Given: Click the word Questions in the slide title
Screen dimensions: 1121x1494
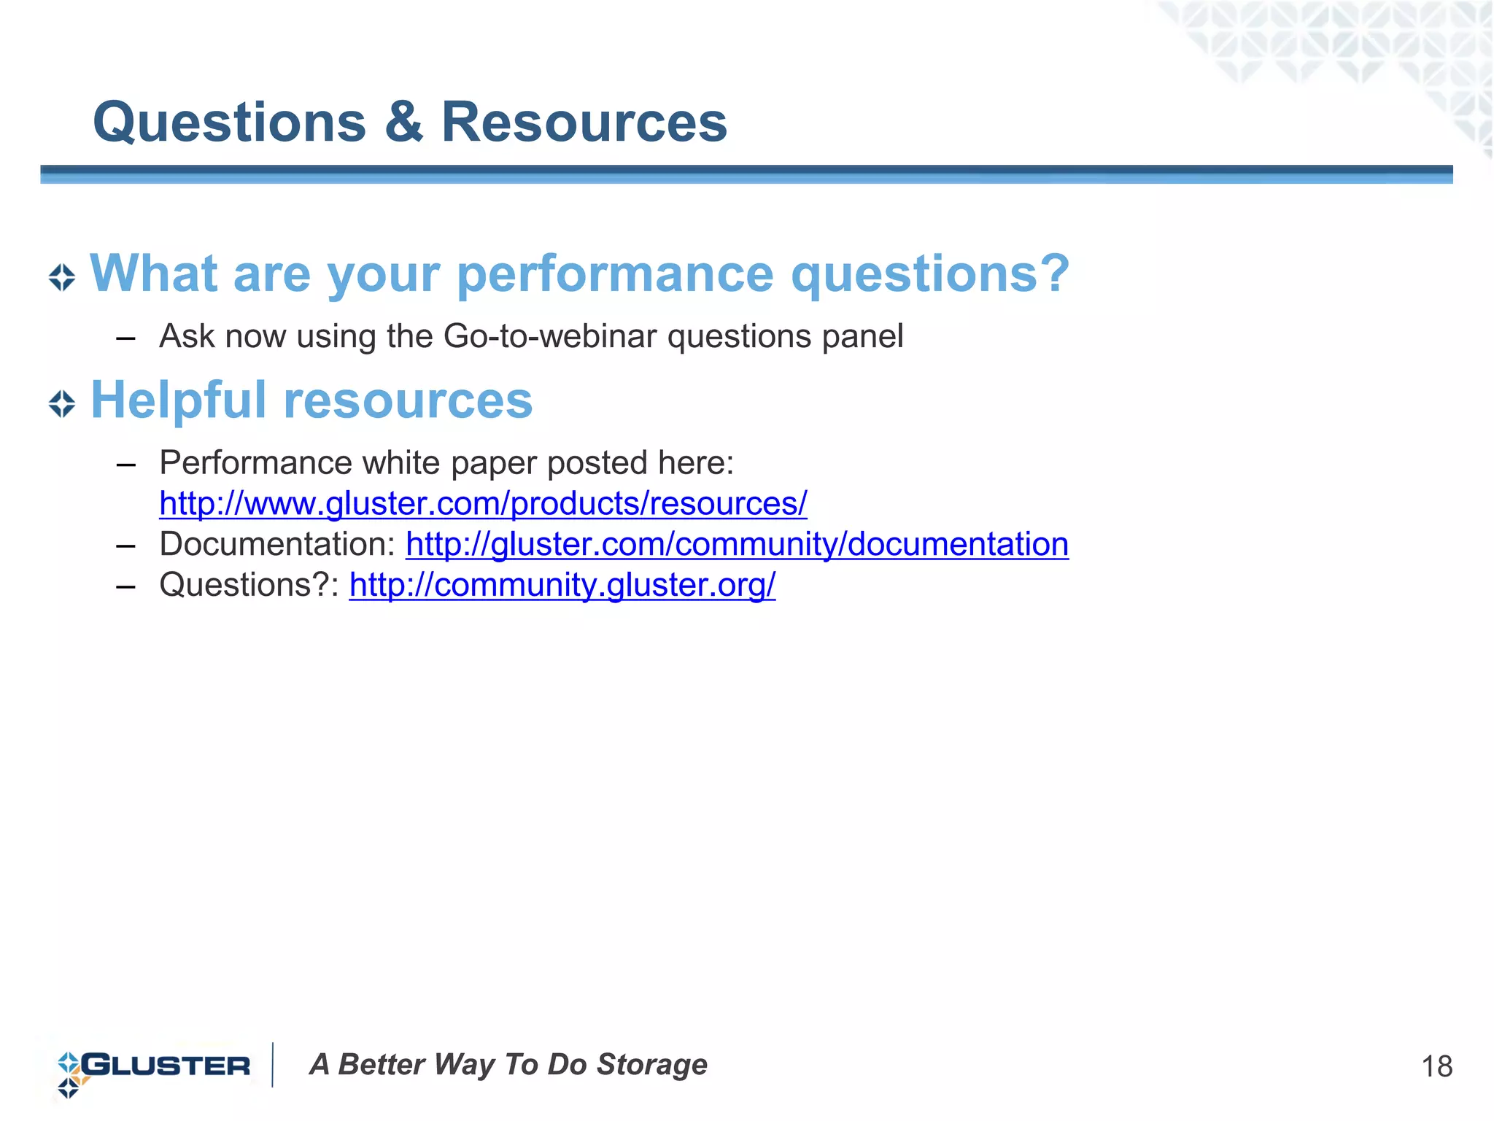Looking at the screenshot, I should [x=229, y=122].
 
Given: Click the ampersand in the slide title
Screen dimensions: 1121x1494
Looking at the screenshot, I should [x=403, y=122].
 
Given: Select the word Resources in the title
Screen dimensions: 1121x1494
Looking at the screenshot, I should [x=584, y=122].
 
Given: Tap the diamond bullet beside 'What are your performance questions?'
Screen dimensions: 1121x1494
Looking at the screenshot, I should [x=62, y=277].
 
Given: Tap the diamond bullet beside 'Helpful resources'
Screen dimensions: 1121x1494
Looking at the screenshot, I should [x=62, y=403].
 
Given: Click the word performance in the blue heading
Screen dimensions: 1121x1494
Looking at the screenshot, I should [x=614, y=276].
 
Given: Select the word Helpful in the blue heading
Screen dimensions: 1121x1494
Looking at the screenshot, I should [x=178, y=400].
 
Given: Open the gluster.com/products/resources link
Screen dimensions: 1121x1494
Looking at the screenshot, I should [x=483, y=504].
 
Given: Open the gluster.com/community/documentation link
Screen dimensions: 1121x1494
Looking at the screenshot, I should [x=737, y=545].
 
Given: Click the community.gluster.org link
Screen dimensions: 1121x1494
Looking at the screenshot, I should [x=562, y=585].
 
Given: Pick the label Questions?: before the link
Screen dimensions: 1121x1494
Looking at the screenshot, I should [x=249, y=585].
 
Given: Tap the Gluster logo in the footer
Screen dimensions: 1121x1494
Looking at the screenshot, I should [x=153, y=1066].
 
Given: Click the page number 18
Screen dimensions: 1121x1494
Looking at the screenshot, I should [x=1436, y=1067].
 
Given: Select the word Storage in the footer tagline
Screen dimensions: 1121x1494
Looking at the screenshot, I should [x=651, y=1065].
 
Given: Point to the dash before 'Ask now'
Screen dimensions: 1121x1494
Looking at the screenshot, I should [x=125, y=338].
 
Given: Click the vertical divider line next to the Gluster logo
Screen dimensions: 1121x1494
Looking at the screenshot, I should [x=273, y=1065].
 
